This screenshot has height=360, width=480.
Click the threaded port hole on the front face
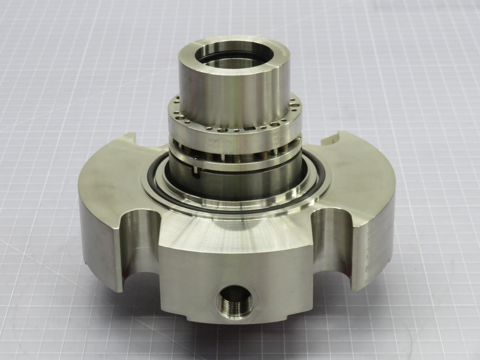pos(235,301)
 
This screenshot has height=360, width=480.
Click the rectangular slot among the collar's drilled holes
pos(252,129)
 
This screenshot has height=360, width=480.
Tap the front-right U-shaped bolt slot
pos(330,244)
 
